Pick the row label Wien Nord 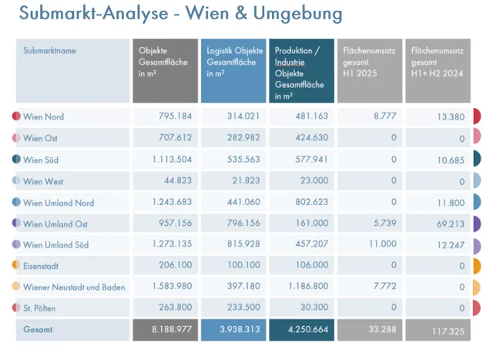44,117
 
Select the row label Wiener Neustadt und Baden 74,288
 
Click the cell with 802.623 311,203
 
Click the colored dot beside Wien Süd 16,160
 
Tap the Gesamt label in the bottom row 39,329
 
